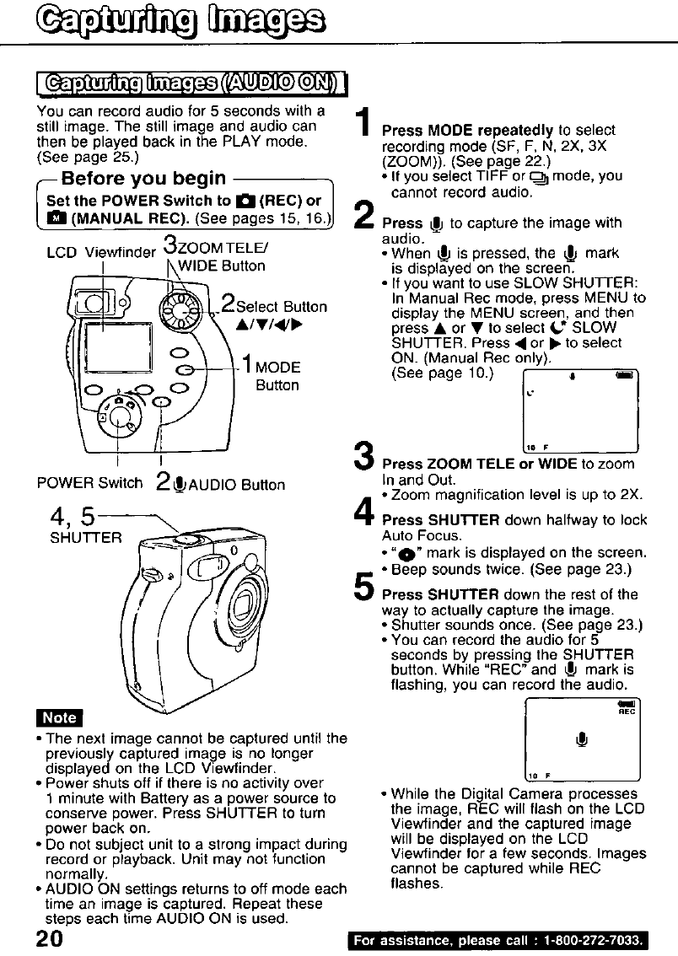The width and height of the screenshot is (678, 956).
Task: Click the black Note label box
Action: coord(59,717)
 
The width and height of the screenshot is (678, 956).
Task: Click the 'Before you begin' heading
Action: coord(155,179)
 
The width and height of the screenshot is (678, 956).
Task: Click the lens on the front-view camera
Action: coord(250,606)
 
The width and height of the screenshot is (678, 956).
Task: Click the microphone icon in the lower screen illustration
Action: coord(579,738)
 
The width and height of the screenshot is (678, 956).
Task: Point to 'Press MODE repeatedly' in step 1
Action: coord(468,131)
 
